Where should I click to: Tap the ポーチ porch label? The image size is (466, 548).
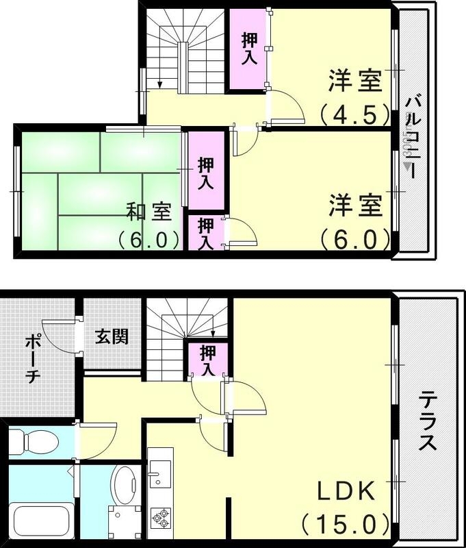tap(33, 360)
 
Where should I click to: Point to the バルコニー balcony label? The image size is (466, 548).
tap(413, 137)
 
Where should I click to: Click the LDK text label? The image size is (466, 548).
tap(345, 492)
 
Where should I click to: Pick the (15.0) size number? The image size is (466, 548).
tap(339, 525)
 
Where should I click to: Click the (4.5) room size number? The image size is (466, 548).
tap(354, 112)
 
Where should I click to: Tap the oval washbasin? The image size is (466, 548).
tap(125, 482)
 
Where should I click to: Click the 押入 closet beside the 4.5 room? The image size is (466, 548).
tap(248, 49)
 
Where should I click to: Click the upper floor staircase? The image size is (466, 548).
tap(181, 51)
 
